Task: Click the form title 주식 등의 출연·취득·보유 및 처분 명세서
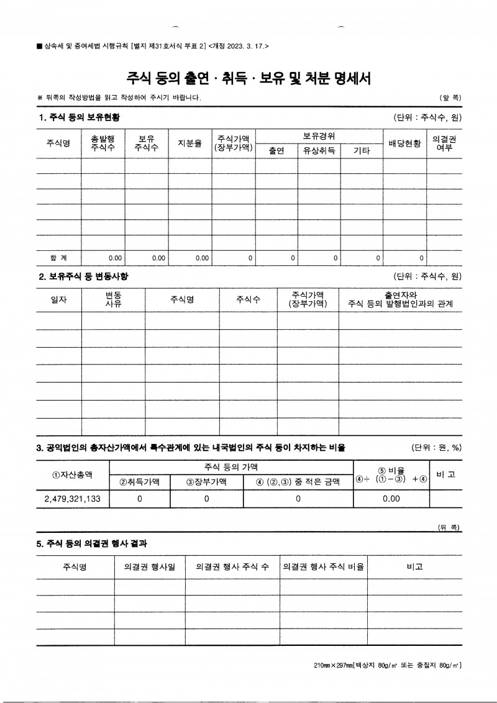click(248, 78)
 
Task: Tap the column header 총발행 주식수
click(103, 143)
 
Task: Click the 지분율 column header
click(189, 143)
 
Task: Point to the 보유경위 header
click(319, 135)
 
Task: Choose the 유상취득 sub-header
click(319, 151)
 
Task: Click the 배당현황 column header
click(404, 143)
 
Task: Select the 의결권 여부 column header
click(444, 143)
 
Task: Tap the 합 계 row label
click(58, 256)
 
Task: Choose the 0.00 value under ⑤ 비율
click(391, 499)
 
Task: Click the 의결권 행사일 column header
click(150, 567)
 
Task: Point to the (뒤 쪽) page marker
click(449, 527)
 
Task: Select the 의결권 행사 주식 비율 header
click(323, 567)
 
